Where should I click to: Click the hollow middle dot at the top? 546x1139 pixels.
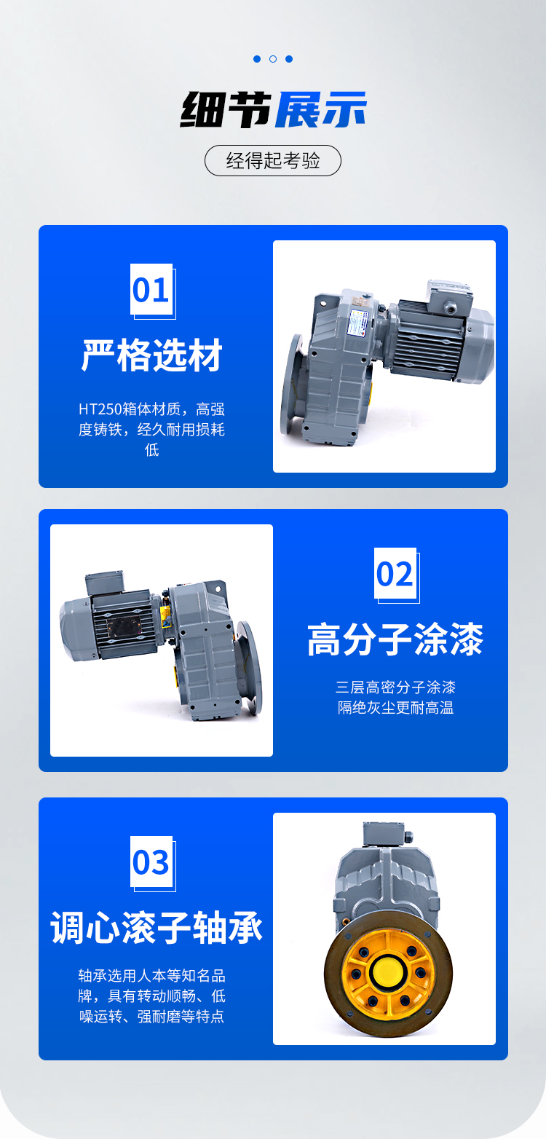point(273,59)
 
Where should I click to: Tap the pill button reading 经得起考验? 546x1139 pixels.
point(273,161)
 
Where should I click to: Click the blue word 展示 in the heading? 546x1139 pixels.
point(321,109)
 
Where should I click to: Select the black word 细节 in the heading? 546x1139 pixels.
point(226,109)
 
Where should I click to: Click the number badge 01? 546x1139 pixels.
point(152,291)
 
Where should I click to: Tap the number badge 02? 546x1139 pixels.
point(396,575)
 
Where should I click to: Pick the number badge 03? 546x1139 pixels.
point(152,864)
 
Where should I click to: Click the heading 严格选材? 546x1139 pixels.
point(152,355)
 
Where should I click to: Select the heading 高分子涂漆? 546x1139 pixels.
point(395,639)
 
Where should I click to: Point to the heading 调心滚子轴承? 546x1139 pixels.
point(157,928)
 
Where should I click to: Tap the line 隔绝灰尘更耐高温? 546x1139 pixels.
point(395,708)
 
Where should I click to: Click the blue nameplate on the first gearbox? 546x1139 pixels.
point(357,323)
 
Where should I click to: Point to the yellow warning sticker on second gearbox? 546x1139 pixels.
point(165,616)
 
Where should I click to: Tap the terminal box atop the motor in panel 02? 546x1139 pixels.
point(105,582)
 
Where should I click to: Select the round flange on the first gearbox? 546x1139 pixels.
point(293,385)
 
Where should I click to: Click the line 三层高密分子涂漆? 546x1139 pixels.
point(395,687)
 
